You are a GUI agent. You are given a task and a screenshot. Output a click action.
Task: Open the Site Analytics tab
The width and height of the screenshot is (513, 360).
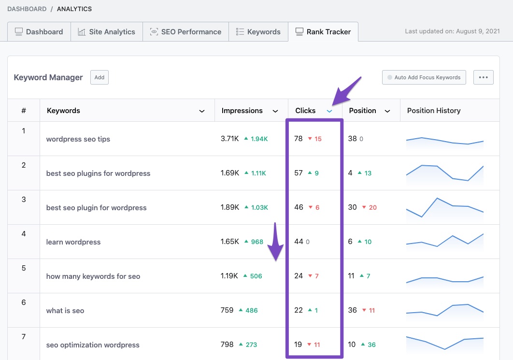coord(106,32)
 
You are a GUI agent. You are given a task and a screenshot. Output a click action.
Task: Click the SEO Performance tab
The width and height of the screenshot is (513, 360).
coord(185,32)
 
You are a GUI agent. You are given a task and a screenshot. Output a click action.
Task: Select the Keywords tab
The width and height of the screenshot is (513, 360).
coord(258,32)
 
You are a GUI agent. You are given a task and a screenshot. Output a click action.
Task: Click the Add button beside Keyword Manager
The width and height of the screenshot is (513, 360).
coord(99,77)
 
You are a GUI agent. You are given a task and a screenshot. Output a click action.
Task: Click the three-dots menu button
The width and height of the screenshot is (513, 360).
coord(483,77)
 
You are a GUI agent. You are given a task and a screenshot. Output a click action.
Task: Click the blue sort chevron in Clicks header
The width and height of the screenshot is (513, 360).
coord(329,111)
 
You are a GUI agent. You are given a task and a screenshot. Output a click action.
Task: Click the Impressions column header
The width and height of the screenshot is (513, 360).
coord(242,111)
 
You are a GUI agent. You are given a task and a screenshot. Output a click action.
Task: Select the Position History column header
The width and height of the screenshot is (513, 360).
coord(433,111)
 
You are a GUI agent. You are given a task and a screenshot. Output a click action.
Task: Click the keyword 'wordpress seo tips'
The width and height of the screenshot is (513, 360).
coord(78,139)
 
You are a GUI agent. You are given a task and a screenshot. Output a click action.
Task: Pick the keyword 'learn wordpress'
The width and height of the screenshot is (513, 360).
coord(73,242)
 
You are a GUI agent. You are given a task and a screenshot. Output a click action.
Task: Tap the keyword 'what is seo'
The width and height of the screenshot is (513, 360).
coord(65,311)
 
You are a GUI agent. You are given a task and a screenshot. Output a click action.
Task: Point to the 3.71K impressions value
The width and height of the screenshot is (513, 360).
coord(229,139)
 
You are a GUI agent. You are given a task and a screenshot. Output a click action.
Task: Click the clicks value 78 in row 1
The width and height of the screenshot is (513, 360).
coord(299,139)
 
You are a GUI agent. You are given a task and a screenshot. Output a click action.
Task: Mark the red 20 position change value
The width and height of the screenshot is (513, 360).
coord(372,208)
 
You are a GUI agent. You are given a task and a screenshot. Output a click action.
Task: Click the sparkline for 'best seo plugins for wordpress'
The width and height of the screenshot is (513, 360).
coord(444,173)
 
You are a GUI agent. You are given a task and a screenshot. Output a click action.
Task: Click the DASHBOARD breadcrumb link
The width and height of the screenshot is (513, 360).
coord(27,9)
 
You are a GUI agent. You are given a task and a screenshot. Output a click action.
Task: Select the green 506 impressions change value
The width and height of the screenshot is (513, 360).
coord(256,276)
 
